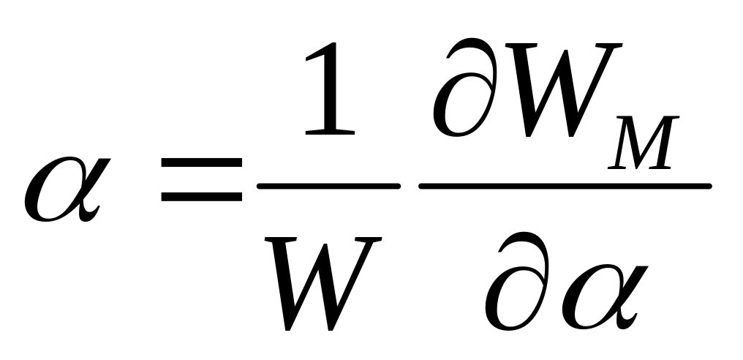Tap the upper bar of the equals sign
(201, 162)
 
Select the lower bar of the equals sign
(201, 196)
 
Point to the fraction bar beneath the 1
(329, 186)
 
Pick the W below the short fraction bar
(323, 283)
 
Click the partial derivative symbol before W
(465, 88)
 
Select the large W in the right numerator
(563, 90)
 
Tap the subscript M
(644, 142)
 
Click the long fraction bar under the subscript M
(565, 186)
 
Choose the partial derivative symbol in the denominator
(517, 281)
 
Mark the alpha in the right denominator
(605, 297)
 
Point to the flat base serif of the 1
(330, 132)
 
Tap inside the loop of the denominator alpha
(595, 297)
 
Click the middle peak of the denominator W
(325, 245)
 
